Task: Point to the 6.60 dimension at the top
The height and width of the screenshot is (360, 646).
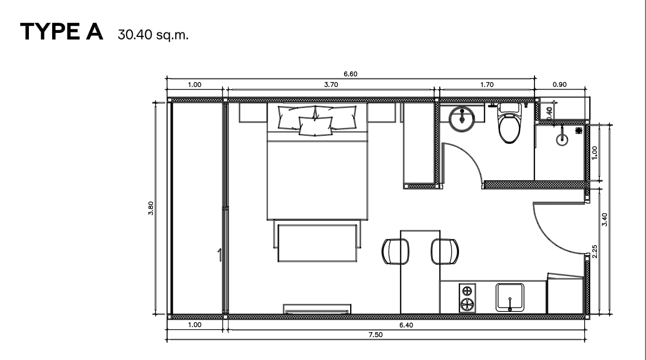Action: [350, 74]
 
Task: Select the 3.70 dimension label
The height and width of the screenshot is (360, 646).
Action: [330, 85]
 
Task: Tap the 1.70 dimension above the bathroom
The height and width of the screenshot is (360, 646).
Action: [486, 85]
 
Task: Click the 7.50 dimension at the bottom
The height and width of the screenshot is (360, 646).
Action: [375, 337]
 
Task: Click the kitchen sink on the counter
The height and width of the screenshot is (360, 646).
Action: [510, 298]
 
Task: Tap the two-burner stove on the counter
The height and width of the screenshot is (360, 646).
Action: [467, 298]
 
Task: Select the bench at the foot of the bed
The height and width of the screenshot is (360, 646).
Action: [318, 243]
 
